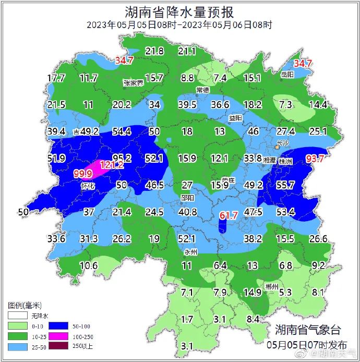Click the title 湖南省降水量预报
tap(179, 11)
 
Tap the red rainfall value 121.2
tap(112, 164)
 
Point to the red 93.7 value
tap(319, 159)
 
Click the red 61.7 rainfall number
tap(229, 215)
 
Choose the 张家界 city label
tap(133, 82)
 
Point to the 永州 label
tap(191, 252)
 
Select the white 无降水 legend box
tap(16, 316)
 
